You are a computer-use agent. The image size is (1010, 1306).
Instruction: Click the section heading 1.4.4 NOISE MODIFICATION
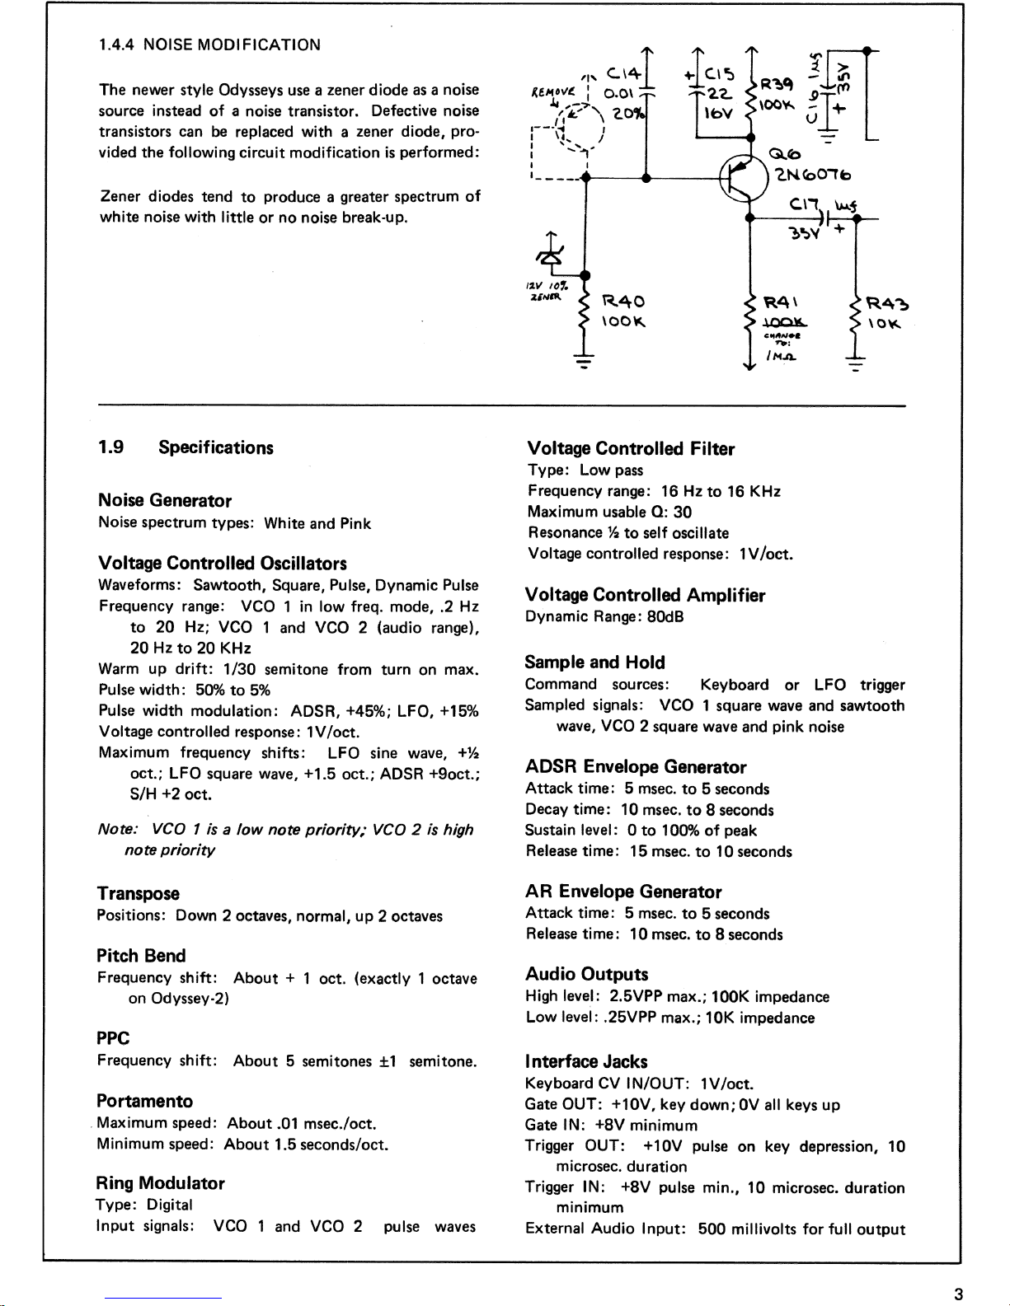[209, 45]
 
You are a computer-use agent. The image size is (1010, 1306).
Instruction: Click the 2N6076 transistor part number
[812, 174]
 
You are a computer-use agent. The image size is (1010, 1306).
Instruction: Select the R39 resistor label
[777, 84]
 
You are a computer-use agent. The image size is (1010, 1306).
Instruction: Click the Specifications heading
[215, 447]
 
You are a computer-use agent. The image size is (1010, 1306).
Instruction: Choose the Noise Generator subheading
[164, 500]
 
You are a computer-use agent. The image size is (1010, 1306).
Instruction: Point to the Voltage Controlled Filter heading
[631, 448]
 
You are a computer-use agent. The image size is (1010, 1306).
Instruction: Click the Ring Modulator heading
[160, 1183]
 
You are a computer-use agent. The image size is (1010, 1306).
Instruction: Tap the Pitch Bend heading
[141, 956]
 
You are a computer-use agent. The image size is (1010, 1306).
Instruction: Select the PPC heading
[113, 1038]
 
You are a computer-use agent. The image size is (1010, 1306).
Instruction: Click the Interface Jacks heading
[586, 1061]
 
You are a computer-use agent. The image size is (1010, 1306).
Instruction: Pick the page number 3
[958, 1294]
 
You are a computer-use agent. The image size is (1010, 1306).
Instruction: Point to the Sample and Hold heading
[594, 662]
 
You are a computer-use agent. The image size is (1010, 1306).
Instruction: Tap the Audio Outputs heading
[587, 974]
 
